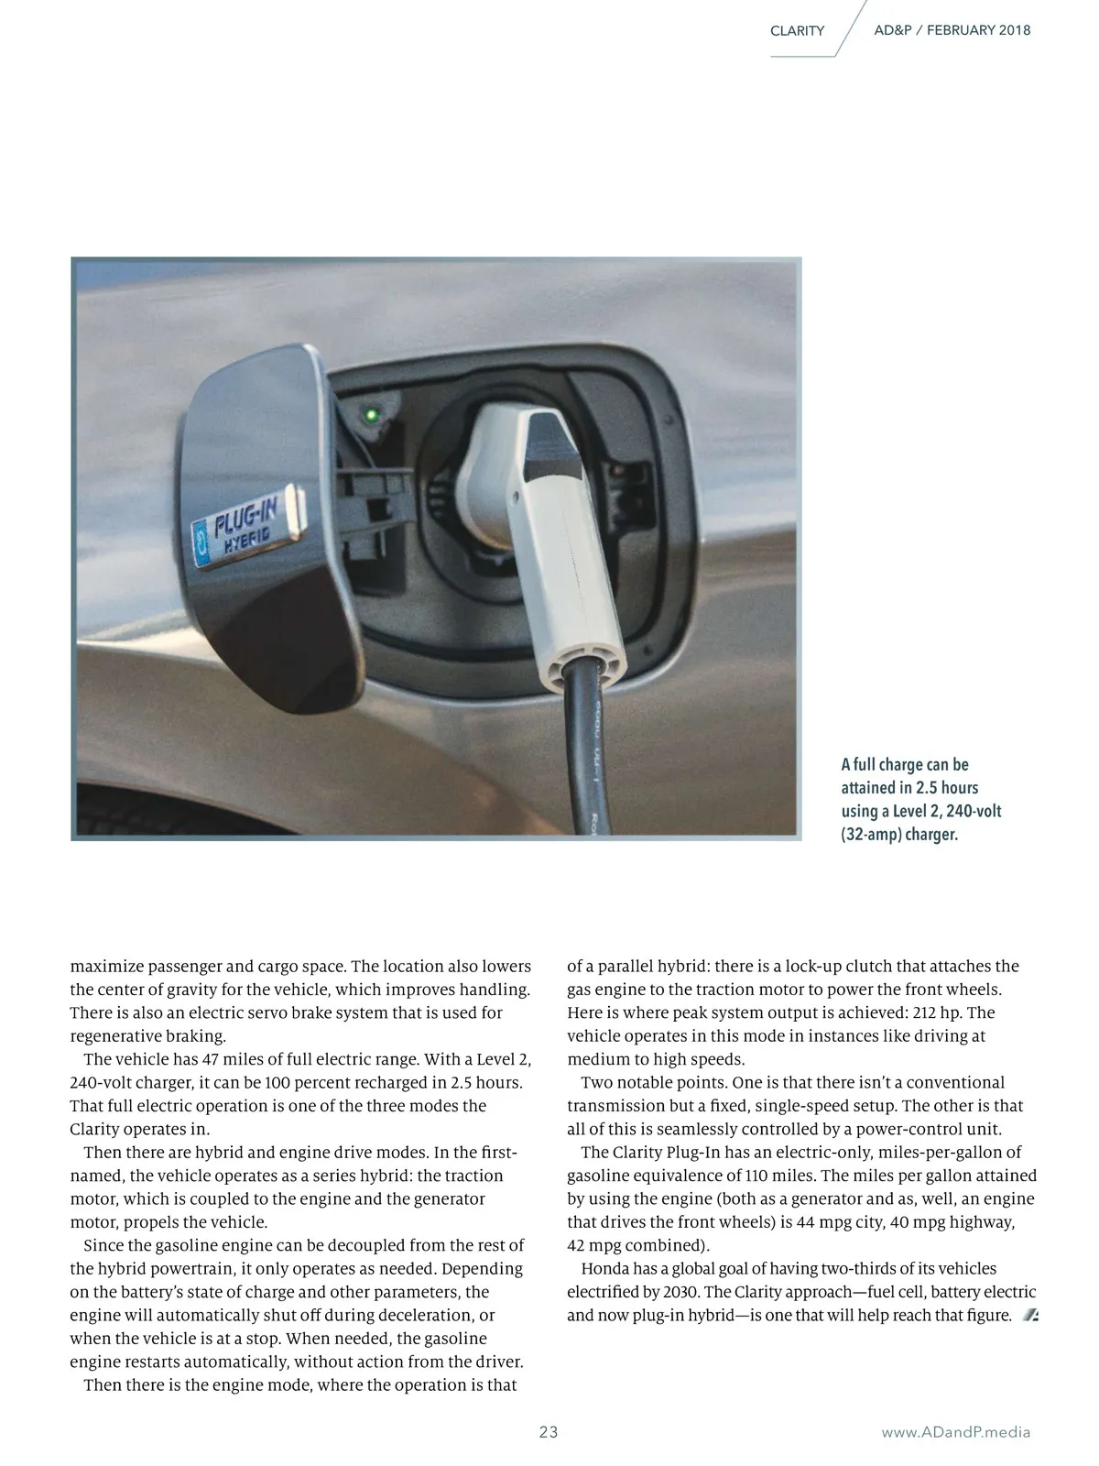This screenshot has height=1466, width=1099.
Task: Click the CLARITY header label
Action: click(797, 31)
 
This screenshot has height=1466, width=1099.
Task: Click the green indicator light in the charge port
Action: click(372, 414)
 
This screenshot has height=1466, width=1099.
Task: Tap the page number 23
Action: click(549, 1432)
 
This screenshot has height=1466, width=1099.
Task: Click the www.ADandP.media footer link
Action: click(955, 1432)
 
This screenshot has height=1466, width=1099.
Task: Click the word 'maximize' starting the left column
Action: click(105, 966)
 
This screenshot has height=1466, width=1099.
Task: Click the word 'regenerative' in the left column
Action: click(115, 1036)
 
